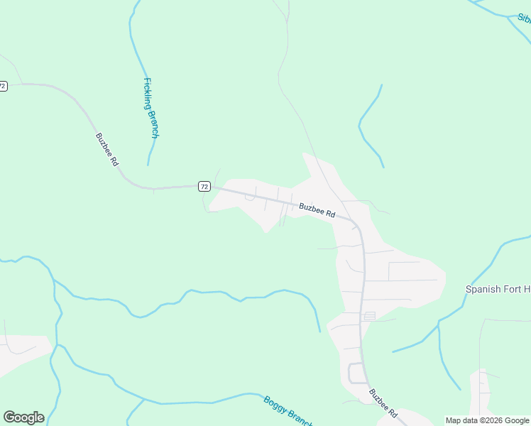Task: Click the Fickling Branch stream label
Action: (x=151, y=107)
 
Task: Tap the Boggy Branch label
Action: (x=288, y=411)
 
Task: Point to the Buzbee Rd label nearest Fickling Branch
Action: (x=107, y=149)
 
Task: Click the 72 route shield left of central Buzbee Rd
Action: (x=204, y=186)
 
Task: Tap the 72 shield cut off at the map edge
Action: (x=3, y=86)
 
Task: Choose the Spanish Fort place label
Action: (x=498, y=289)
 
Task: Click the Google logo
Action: (x=23, y=417)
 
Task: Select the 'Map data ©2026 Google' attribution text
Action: (x=487, y=420)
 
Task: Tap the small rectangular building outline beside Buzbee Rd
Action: (x=369, y=316)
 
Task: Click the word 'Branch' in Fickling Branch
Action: (x=153, y=123)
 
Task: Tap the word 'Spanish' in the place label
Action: (x=483, y=289)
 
